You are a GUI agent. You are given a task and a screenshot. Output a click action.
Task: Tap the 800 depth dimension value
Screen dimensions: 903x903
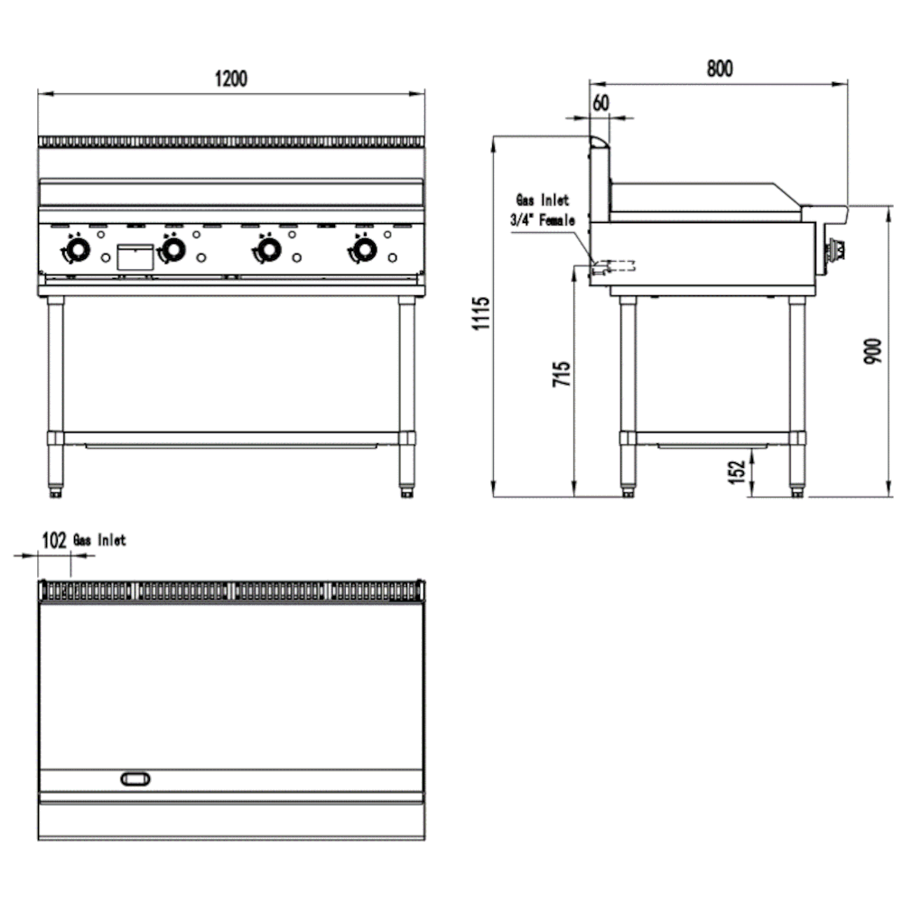(x=719, y=69)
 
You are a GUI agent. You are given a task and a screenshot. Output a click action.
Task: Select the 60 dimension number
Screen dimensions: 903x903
(x=600, y=102)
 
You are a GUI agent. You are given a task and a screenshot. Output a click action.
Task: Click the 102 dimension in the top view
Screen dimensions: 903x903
(x=55, y=540)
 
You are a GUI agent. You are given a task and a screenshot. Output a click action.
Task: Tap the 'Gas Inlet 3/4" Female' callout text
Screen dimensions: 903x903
(x=545, y=209)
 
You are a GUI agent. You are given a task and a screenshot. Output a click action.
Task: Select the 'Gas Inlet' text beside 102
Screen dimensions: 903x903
(x=100, y=540)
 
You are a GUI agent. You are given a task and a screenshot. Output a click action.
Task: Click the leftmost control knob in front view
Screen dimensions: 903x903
(x=77, y=249)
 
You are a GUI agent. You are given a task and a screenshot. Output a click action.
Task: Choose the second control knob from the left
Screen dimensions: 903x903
(x=172, y=249)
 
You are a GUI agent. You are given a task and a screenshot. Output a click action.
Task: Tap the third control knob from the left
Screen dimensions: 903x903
(x=267, y=249)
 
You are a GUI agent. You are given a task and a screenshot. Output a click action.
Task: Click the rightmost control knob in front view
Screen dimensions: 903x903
(x=363, y=249)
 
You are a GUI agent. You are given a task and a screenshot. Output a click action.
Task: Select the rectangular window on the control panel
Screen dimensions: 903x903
(x=135, y=256)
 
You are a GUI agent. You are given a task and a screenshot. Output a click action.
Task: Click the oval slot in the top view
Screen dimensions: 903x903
(x=135, y=778)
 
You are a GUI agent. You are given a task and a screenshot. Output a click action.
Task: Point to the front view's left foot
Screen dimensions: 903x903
(x=56, y=491)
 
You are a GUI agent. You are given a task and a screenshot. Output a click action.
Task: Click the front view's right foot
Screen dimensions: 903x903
(x=407, y=491)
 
